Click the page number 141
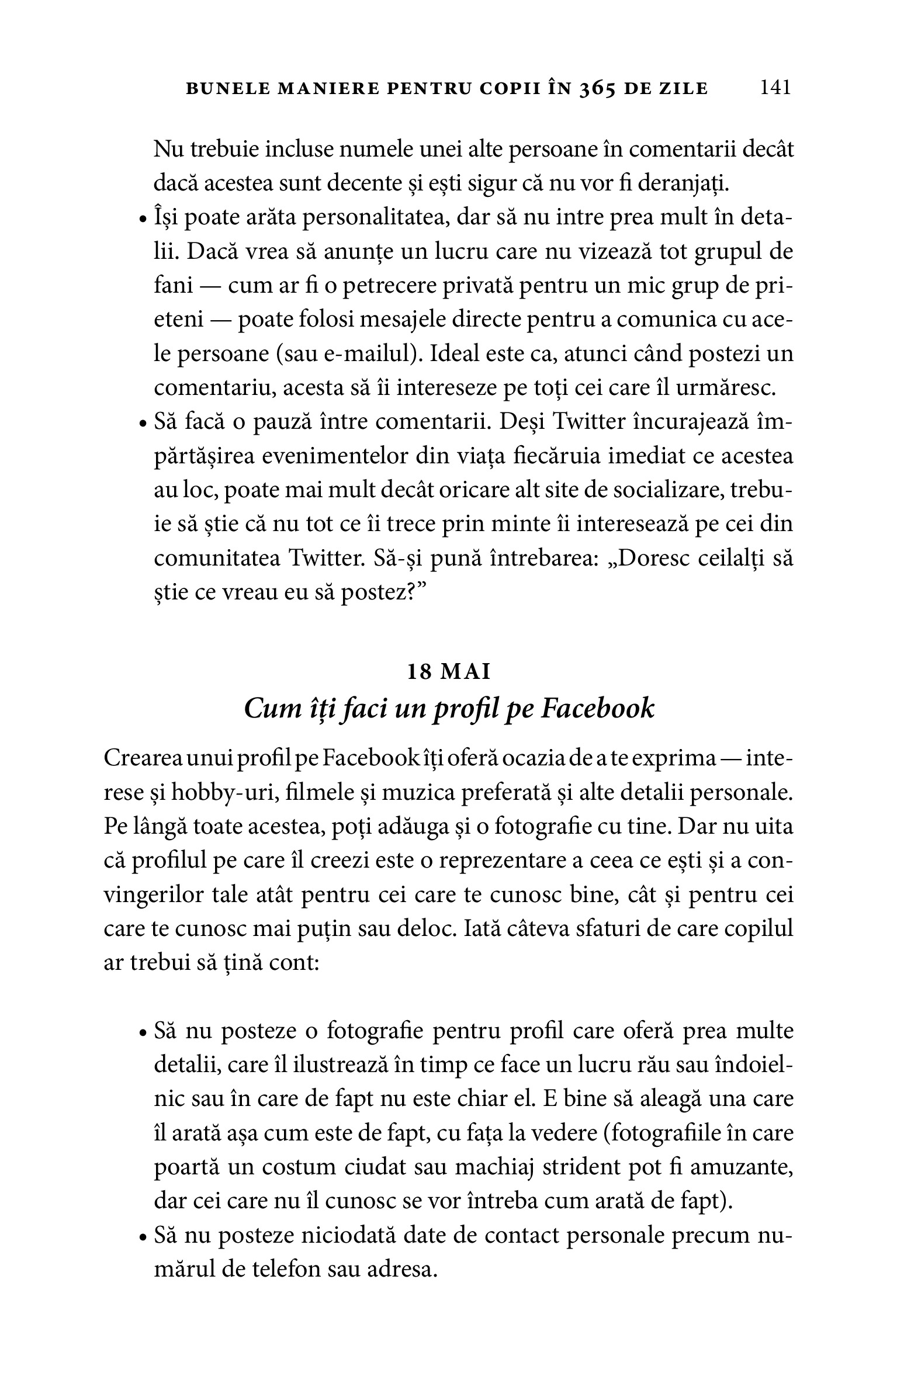[775, 88]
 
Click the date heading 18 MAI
[448, 672]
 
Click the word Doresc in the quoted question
[649, 559]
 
